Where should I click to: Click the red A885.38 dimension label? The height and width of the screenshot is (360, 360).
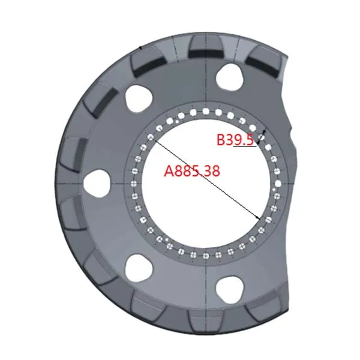pos(192,171)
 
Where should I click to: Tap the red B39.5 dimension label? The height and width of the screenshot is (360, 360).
pos(236,140)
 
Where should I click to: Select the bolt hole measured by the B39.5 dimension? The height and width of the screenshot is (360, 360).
pos(262,137)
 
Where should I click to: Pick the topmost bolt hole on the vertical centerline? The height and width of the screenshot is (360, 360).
pos(206,111)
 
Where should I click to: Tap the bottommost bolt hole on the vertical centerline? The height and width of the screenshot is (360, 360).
pos(206,255)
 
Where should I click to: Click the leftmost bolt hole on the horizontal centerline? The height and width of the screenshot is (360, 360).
pos(134,184)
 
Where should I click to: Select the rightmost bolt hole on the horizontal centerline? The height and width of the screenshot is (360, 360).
pos(278,184)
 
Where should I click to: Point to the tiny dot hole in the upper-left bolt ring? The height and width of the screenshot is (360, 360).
pos(176,121)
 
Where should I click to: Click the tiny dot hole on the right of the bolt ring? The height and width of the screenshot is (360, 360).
pos(274,190)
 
